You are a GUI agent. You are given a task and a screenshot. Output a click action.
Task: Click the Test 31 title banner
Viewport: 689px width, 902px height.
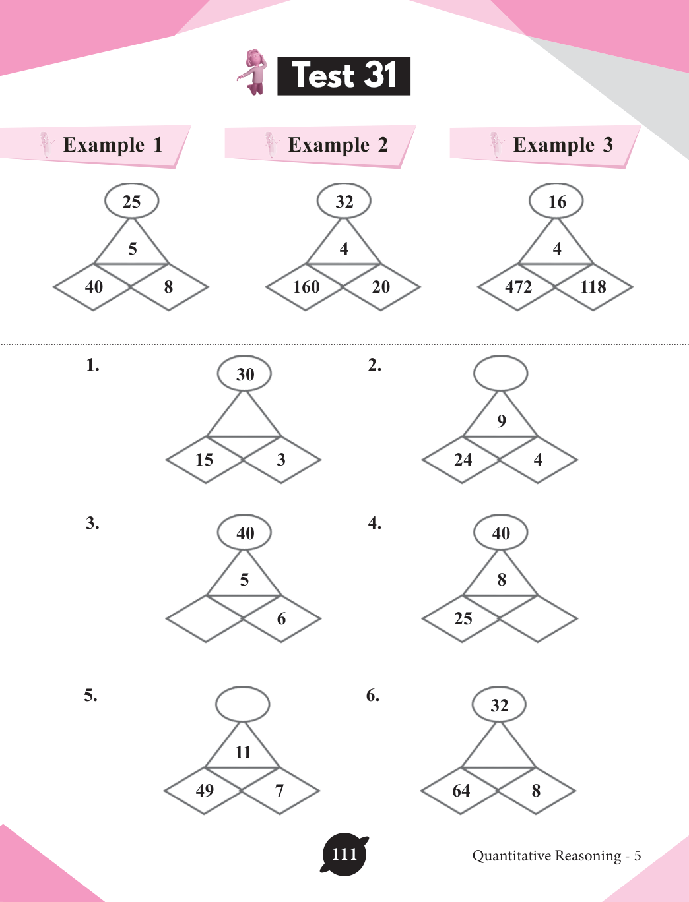click(x=344, y=76)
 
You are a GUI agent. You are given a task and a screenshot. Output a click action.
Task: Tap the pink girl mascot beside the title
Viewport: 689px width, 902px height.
click(x=253, y=72)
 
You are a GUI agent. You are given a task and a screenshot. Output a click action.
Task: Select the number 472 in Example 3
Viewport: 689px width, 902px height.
click(x=518, y=287)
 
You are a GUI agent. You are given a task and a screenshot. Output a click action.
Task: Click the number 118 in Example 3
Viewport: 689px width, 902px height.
click(x=593, y=287)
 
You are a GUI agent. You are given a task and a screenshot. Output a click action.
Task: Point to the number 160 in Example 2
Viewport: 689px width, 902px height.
click(x=306, y=287)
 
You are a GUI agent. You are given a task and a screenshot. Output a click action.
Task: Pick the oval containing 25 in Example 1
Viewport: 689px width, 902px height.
click(x=132, y=201)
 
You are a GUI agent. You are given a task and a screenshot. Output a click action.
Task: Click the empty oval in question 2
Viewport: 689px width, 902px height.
click(x=501, y=373)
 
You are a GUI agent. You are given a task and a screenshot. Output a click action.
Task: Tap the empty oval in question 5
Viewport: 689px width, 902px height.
click(x=243, y=704)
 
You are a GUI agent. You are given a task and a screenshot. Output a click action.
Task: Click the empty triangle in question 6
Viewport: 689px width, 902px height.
click(x=499, y=750)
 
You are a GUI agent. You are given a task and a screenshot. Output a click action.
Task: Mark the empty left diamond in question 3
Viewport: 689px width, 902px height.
click(x=205, y=618)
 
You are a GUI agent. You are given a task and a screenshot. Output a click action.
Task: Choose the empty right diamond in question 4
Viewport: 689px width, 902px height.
click(x=538, y=618)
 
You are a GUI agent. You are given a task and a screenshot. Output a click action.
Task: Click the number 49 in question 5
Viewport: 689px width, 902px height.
click(x=205, y=790)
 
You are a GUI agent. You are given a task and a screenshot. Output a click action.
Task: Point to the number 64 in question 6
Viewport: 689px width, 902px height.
click(x=461, y=791)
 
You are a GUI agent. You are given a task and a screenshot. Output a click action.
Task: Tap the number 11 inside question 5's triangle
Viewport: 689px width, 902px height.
click(x=243, y=752)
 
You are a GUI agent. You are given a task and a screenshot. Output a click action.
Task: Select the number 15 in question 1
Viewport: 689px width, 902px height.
click(x=205, y=460)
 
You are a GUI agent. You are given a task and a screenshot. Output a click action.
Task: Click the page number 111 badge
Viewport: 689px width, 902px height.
click(x=344, y=855)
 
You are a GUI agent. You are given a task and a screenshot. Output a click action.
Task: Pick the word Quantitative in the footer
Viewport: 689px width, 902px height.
click(x=512, y=856)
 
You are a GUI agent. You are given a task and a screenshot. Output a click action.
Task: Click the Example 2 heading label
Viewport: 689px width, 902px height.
click(x=337, y=145)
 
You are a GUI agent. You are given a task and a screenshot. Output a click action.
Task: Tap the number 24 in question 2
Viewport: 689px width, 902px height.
click(x=463, y=460)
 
